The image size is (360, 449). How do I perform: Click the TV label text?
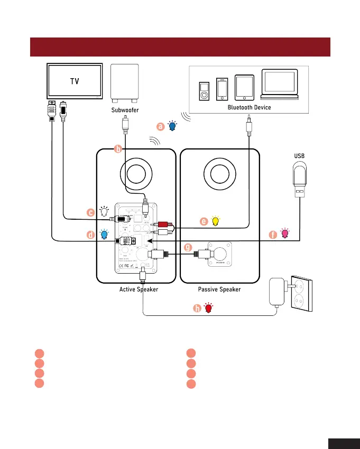coord(75,81)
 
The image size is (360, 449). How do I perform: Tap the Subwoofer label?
coord(125,110)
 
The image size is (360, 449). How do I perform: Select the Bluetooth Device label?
coord(248,107)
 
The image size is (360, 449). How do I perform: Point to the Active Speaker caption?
coord(139,289)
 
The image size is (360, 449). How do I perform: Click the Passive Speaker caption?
coord(219,289)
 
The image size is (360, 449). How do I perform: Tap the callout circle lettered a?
coord(160,126)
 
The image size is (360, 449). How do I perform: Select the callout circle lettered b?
coord(118,149)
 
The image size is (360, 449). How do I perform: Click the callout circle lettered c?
coord(90,212)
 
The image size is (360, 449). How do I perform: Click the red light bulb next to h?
coord(209,307)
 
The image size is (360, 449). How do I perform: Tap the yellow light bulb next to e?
coord(215,221)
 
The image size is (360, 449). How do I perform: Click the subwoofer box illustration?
coord(125,84)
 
